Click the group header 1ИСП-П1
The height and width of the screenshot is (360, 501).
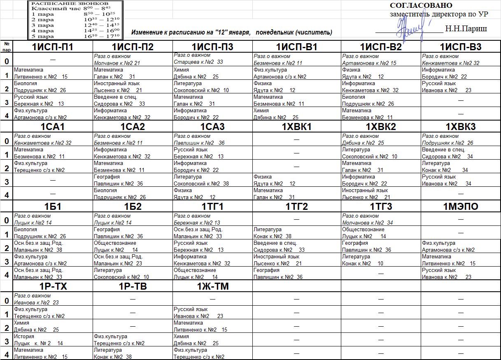pos(53,47)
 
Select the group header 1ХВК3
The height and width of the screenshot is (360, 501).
pos(461,127)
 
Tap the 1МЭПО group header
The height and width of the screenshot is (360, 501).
pos(461,207)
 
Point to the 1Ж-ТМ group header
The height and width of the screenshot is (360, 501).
pos(212,286)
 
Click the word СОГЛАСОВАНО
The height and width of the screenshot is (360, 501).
pos(421,5)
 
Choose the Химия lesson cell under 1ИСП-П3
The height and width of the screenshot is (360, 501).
pos(212,73)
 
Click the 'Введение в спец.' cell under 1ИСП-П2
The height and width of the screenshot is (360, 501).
pos(133,100)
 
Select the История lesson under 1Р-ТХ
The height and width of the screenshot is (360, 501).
pos(53,340)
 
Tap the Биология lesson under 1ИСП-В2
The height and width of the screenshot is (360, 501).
pos(381,100)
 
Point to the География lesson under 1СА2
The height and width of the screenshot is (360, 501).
pos(133,180)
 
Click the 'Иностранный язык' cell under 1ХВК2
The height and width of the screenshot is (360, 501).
pos(381,194)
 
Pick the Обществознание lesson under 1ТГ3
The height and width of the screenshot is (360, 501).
pos(381,233)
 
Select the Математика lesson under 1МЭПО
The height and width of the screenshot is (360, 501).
pos(461,260)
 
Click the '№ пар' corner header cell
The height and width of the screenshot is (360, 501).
pos(7,46)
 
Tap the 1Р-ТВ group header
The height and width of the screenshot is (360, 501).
pos(133,286)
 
